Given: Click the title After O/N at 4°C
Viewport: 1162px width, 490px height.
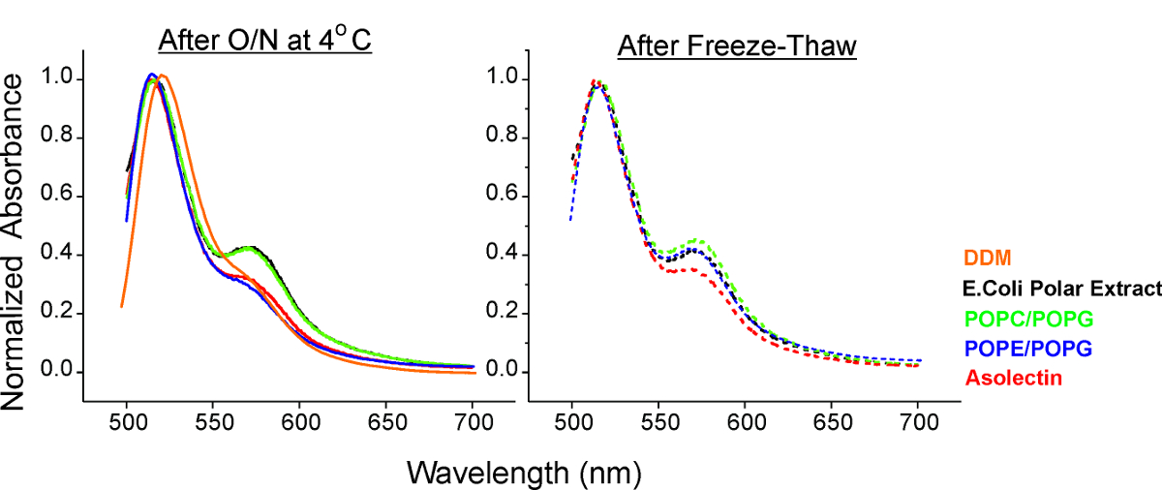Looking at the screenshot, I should [x=265, y=45].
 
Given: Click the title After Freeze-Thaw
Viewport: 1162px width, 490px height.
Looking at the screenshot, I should [x=737, y=46].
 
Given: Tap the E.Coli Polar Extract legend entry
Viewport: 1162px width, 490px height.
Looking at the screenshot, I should [x=1060, y=289].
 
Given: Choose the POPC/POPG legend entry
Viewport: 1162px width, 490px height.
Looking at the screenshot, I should [x=1018, y=318].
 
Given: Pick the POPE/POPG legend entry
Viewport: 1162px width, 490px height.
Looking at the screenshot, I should [x=1018, y=347].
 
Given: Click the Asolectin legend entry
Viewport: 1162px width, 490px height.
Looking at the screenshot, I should [x=1007, y=377].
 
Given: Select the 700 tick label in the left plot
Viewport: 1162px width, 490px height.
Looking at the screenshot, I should [x=473, y=423].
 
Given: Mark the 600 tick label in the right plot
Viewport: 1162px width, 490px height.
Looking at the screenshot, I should [x=745, y=423].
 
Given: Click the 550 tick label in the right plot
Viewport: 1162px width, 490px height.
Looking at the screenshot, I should [x=658, y=423].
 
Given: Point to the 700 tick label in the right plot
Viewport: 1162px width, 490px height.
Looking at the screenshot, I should [x=918, y=423].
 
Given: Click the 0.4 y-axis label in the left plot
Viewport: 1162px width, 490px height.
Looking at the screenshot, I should [x=59, y=256].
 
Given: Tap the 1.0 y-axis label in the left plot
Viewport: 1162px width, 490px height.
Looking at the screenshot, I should [x=59, y=79].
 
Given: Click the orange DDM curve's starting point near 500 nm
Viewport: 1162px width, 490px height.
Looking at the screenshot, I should [x=122, y=306].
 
